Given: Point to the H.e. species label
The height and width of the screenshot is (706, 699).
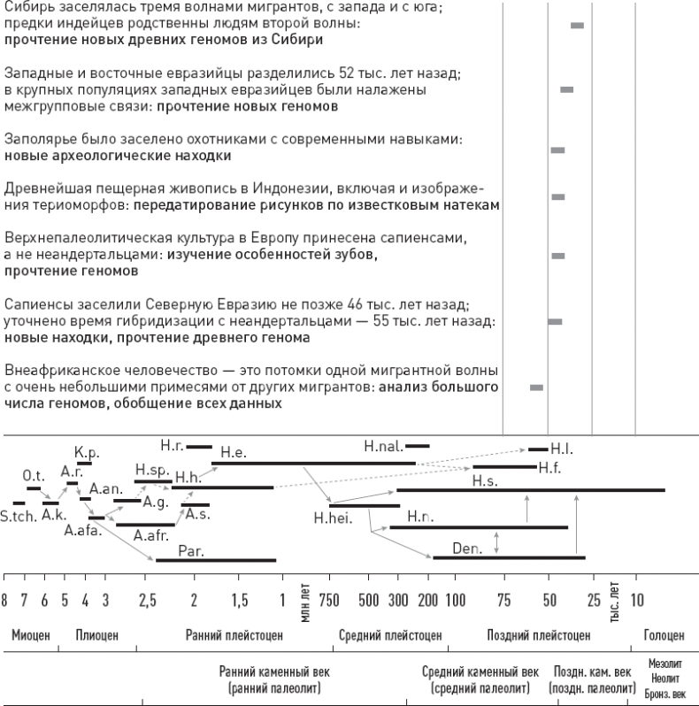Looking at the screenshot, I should pyautogui.click(x=233, y=453).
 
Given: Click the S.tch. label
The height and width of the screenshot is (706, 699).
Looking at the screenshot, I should pyautogui.click(x=17, y=517).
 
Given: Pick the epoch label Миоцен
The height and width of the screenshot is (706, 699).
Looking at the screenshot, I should pyautogui.click(x=29, y=634).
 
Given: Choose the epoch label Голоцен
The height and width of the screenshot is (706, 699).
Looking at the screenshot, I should pyautogui.click(x=664, y=634).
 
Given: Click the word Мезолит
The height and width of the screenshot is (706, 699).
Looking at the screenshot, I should pyautogui.click(x=664, y=661).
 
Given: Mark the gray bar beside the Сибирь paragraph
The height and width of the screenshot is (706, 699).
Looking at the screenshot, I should pyautogui.click(x=577, y=26).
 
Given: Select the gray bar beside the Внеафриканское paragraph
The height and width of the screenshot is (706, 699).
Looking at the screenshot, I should pyautogui.click(x=536, y=388).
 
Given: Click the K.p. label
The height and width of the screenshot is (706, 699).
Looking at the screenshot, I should pyautogui.click(x=84, y=452).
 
